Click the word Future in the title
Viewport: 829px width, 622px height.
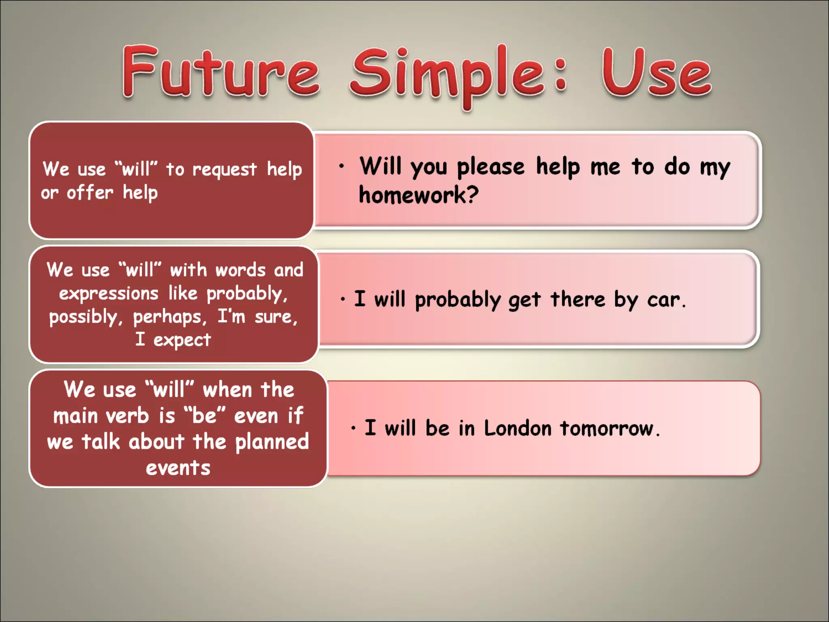(221, 72)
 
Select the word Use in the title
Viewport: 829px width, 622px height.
(656, 73)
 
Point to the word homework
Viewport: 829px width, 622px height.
(418, 195)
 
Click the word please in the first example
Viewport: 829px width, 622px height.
(490, 167)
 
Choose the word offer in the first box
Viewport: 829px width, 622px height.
(90, 193)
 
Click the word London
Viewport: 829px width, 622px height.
(517, 428)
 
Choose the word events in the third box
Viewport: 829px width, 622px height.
(178, 468)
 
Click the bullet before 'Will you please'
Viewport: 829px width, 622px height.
(342, 166)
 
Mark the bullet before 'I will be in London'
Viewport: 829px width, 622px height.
(353, 428)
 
